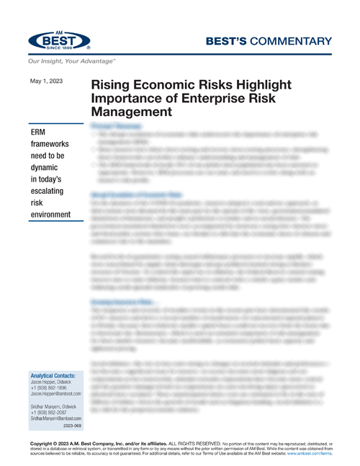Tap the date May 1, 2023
click(x=46, y=81)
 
